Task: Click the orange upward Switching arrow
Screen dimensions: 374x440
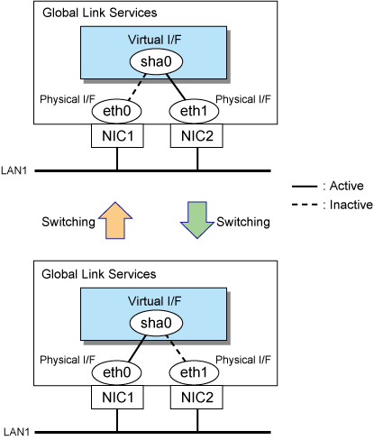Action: (x=115, y=221)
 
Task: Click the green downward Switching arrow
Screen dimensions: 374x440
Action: (x=197, y=220)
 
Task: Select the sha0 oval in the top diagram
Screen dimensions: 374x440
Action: (x=156, y=61)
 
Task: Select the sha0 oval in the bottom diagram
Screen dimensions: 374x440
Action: (x=156, y=323)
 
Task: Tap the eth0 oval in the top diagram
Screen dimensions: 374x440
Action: (x=116, y=111)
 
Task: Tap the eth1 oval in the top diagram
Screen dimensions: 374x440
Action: (x=194, y=111)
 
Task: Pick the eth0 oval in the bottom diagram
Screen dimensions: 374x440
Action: (x=116, y=372)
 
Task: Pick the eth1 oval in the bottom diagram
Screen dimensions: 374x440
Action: (x=194, y=372)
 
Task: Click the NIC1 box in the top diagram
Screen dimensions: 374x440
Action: (x=117, y=136)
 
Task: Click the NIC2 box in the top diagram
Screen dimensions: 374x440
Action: (x=196, y=136)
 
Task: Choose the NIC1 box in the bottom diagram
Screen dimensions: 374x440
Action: (x=117, y=398)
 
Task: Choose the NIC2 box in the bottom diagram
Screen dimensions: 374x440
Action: (x=196, y=398)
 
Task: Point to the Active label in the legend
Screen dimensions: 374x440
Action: (x=347, y=186)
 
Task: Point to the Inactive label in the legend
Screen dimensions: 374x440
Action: (x=351, y=205)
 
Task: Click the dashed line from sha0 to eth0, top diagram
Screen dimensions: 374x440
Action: (x=137, y=87)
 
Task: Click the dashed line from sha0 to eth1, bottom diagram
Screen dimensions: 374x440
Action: (x=176, y=348)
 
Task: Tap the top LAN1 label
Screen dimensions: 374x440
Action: (x=14, y=170)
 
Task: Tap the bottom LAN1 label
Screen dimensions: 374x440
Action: (x=14, y=432)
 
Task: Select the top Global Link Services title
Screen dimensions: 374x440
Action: (x=100, y=13)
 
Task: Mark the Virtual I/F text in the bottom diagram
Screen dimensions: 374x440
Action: (x=154, y=301)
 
